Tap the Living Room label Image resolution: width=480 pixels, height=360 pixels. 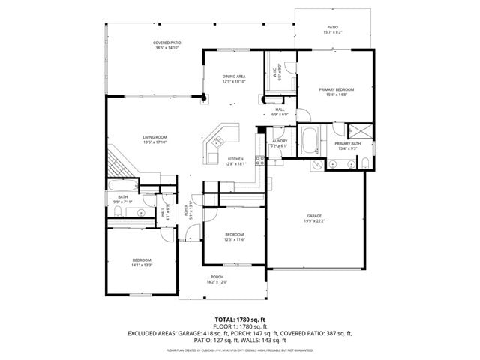coord(155,137)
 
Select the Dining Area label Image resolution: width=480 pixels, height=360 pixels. coord(234,76)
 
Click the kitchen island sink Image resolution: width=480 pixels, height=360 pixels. coord(217,140)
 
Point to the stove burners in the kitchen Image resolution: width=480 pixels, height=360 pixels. coord(259,159)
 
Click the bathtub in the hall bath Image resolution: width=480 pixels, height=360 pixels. coord(121,185)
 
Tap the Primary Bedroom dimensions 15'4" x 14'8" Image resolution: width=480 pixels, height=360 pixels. coord(335,94)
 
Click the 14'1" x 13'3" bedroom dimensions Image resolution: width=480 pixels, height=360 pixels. coord(142,265)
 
